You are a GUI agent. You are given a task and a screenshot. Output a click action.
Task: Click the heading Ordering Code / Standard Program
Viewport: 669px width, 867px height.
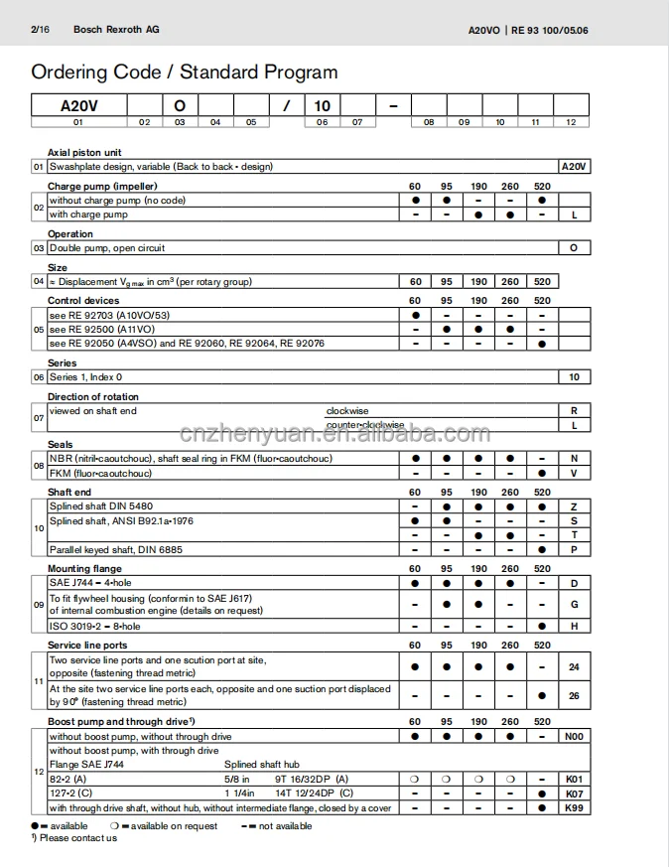pos(184,72)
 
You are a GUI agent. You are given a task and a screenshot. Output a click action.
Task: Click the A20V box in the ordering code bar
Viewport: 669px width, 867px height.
pos(78,105)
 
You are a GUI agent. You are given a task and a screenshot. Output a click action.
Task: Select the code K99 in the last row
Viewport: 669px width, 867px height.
pos(574,808)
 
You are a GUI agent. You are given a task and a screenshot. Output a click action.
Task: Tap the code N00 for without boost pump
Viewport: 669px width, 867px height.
pos(574,737)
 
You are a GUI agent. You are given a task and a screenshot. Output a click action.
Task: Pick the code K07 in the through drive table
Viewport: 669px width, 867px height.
pos(574,795)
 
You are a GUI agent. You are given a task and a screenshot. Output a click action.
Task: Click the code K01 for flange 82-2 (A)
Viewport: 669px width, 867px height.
pos(574,780)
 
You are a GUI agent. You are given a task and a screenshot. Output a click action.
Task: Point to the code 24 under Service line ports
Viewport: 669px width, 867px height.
pos(574,667)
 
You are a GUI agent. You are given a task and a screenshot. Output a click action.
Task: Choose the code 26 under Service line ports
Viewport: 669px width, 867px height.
pos(574,695)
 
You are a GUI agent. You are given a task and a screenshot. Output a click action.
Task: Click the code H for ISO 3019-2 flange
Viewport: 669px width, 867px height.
pos(574,627)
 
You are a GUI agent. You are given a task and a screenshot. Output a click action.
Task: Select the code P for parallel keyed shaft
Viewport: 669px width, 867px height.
pos(574,549)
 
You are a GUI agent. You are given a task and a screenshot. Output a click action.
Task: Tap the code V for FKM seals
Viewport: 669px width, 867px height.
pos(574,473)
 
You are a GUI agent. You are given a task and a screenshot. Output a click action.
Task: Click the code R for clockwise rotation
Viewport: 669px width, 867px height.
pos(574,410)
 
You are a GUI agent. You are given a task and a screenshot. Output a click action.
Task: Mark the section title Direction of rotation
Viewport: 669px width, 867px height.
pos(95,397)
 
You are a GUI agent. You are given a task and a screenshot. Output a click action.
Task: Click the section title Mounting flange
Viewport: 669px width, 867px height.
pos(84,569)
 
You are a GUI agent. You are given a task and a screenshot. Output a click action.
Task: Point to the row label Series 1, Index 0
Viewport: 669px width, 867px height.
pos(86,377)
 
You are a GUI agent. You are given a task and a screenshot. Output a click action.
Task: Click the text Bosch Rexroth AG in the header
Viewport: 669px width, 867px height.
pos(115,30)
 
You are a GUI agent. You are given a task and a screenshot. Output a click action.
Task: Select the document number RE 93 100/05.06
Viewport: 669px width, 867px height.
pos(550,31)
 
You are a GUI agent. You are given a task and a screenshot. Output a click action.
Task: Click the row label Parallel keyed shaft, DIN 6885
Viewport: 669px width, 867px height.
pos(115,549)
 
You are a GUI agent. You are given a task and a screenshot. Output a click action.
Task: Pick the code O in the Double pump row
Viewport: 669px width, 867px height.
pos(574,248)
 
